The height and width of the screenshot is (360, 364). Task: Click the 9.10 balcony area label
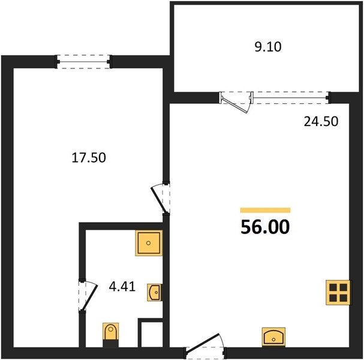(268, 47)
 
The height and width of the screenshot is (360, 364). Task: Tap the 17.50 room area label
(89, 157)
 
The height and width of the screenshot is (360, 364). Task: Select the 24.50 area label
(321, 121)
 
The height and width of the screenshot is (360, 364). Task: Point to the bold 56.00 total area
(265, 227)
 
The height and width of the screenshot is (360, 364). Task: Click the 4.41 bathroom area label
(122, 286)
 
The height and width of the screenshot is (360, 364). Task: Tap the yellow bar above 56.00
(265, 210)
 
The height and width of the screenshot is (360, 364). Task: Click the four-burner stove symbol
(338, 292)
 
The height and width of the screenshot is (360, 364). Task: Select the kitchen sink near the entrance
(273, 337)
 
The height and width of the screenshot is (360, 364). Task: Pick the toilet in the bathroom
(111, 331)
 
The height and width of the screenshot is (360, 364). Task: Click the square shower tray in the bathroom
(149, 243)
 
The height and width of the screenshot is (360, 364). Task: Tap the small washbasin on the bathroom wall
(155, 292)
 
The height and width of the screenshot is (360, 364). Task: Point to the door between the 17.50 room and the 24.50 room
(160, 199)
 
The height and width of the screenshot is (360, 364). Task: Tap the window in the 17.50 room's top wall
(83, 62)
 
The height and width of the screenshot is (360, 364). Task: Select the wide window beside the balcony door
(291, 97)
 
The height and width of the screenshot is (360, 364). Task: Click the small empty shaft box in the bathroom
(152, 334)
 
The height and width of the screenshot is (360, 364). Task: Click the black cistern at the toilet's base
(111, 344)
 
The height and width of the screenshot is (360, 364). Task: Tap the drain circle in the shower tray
(148, 243)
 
